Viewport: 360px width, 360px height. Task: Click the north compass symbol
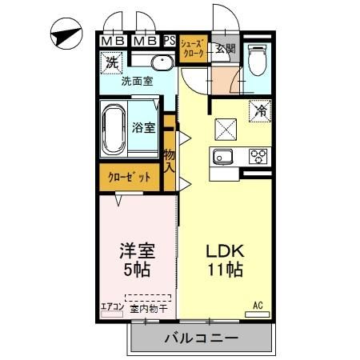click(x=66, y=34)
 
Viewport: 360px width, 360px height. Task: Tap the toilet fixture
click(x=257, y=60)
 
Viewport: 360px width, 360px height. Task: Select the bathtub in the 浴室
click(x=114, y=130)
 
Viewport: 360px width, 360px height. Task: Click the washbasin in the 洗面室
click(x=162, y=63)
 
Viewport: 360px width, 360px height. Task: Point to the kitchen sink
click(x=222, y=156)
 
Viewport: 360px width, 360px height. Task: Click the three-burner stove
click(x=258, y=156)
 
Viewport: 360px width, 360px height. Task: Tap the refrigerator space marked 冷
click(x=260, y=111)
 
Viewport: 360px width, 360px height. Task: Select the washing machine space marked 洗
click(x=111, y=62)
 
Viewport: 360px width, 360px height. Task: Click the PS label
click(x=170, y=41)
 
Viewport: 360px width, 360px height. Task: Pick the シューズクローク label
click(x=193, y=48)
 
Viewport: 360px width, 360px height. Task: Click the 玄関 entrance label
click(x=226, y=49)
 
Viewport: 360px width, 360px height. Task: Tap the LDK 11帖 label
click(x=226, y=260)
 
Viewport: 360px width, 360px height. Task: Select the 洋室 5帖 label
click(x=137, y=260)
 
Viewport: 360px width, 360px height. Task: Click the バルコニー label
click(x=202, y=338)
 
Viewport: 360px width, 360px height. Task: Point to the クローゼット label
click(x=130, y=177)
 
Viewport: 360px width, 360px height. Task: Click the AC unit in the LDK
click(x=257, y=314)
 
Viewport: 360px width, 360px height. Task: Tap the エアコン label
click(x=112, y=307)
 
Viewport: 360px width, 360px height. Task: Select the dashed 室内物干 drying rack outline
click(x=148, y=298)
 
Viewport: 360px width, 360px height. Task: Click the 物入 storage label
click(x=170, y=161)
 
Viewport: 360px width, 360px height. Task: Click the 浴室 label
click(x=143, y=128)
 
